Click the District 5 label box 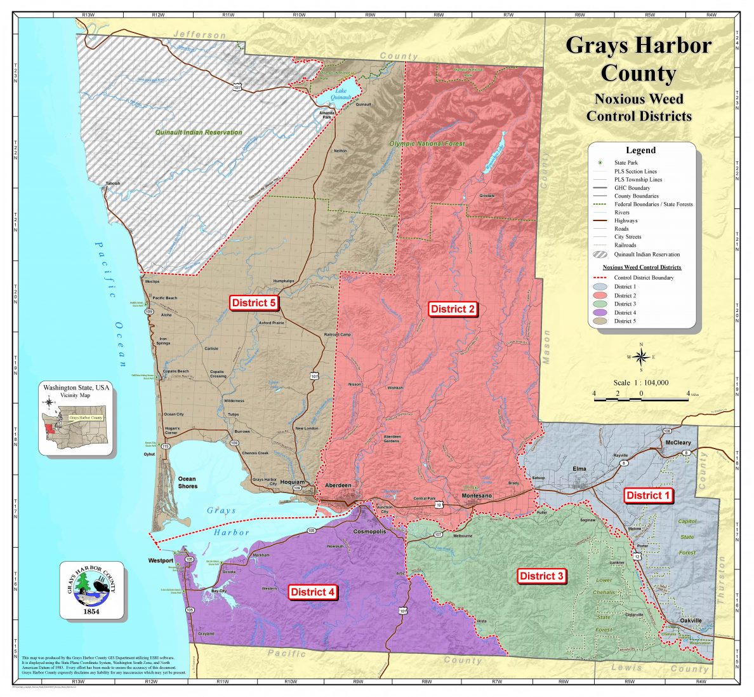(253, 302)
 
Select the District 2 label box (453, 309)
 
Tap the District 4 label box (312, 592)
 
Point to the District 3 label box (541, 576)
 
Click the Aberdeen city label (338, 485)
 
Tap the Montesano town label (477, 496)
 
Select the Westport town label (161, 560)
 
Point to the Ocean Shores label (187, 482)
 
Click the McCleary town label (678, 442)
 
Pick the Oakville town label (691, 620)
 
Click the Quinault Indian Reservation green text (199, 132)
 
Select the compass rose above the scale (642, 356)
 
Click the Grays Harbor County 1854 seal (92, 590)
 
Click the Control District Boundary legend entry (642, 278)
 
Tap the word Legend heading (640, 151)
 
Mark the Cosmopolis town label (369, 531)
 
